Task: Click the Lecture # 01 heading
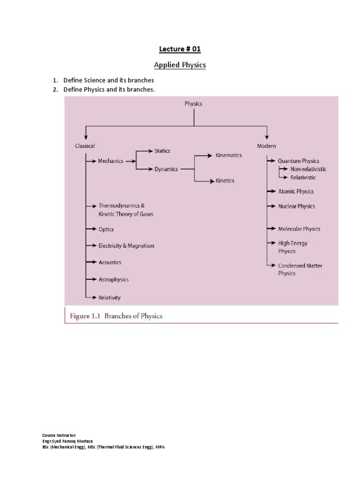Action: click(180, 49)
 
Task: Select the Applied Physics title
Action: click(180, 65)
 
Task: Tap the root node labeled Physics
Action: click(193, 103)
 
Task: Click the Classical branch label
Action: click(85, 146)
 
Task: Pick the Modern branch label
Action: click(266, 146)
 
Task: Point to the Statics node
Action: click(162, 151)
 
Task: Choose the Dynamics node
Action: click(166, 169)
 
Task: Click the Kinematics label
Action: click(229, 155)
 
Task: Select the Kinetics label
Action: click(225, 180)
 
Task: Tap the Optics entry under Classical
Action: click(106, 229)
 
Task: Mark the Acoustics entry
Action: click(110, 262)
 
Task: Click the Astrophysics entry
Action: click(113, 279)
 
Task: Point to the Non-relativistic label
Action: click(308, 169)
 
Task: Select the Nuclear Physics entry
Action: click(296, 206)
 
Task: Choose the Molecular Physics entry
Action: click(299, 229)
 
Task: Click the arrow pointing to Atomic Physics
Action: click(271, 191)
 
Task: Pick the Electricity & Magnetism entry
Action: click(126, 246)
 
